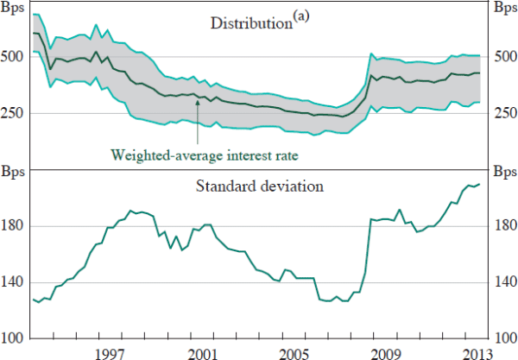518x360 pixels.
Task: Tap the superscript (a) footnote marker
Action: coord(297,17)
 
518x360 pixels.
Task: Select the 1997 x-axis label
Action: coord(109,351)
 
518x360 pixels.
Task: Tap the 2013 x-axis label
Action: coord(477,351)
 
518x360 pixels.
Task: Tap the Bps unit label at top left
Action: coord(16,7)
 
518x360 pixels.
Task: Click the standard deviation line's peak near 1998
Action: coord(130,211)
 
